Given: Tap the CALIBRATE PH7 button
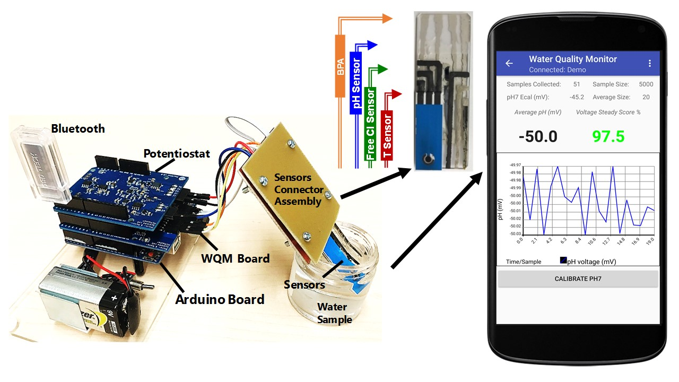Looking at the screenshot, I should point(578,279).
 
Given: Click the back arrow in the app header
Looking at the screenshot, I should point(509,64).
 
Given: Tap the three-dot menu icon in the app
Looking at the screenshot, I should point(650,64).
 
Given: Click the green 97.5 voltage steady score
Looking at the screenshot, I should point(608,136).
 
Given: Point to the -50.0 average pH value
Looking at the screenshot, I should point(538,136).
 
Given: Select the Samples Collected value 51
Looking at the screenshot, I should point(577,84).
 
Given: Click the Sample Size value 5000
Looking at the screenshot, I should point(646,84).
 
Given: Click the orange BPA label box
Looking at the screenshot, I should point(340,66).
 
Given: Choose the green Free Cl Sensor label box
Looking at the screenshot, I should point(371,124).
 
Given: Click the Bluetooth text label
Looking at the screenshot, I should point(78,128).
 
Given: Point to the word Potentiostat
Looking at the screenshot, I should point(177,154).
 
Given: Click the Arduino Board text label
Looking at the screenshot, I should point(220,299).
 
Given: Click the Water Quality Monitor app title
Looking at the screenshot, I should point(573,59).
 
